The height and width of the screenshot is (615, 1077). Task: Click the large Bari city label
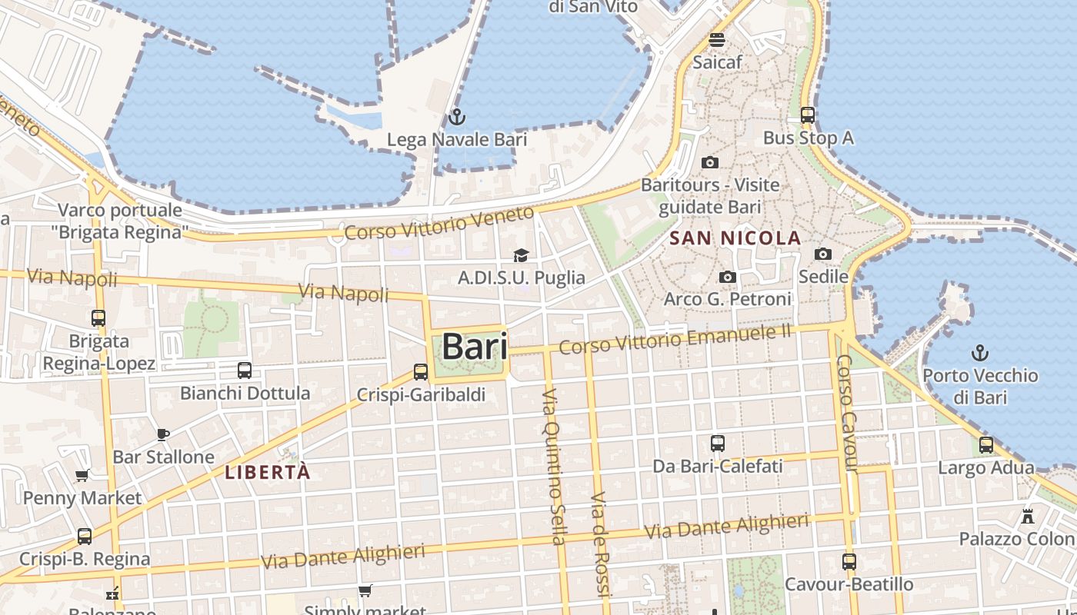[x=475, y=347]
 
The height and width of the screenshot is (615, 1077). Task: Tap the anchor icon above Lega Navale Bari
[x=457, y=117]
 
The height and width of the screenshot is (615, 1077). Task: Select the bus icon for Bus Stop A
[x=808, y=115]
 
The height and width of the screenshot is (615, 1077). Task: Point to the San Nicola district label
[x=735, y=238]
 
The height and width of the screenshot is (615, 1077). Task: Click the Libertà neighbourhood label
[x=268, y=472]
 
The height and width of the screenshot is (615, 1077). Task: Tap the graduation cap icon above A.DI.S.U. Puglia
[x=522, y=255]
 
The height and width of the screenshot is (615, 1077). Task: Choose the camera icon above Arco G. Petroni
[x=728, y=277]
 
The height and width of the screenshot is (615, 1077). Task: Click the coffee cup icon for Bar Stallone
[x=163, y=434]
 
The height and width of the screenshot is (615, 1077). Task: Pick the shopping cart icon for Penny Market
[x=82, y=475]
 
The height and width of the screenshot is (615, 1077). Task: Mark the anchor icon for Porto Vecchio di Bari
[x=980, y=353]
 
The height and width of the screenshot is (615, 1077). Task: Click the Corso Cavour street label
[x=846, y=413]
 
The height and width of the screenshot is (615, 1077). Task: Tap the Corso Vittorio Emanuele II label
[x=675, y=339]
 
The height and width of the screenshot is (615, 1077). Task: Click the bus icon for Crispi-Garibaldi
[x=421, y=372]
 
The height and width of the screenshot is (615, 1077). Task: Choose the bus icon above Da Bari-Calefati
[x=718, y=444]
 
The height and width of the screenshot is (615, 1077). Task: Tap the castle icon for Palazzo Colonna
[x=1028, y=516]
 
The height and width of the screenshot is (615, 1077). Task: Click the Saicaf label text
[x=717, y=62]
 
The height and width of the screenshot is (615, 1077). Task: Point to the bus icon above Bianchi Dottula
[x=245, y=371]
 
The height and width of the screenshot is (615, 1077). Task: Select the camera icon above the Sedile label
[x=823, y=254]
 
